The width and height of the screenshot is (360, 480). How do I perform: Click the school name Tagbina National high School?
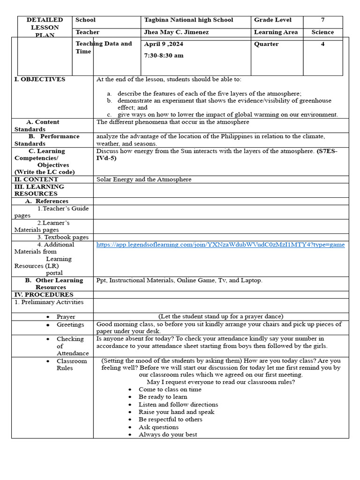[x=188, y=20]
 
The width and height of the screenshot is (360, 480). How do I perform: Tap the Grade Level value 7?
[x=322, y=20]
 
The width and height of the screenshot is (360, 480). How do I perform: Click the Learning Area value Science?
[x=322, y=32]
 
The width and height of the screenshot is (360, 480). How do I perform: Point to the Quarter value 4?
[x=322, y=44]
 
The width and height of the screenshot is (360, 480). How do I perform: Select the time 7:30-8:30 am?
[x=164, y=55]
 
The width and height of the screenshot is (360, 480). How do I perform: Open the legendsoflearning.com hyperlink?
[x=220, y=245]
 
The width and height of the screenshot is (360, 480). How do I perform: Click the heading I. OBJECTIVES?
[x=40, y=79]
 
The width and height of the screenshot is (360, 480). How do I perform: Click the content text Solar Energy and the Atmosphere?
[x=144, y=180]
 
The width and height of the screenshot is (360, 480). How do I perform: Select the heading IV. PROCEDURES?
[x=44, y=295]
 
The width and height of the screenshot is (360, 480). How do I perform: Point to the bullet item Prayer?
[x=66, y=317]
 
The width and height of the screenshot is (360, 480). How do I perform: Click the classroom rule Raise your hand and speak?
[x=176, y=412]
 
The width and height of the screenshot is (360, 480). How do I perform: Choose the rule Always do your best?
[x=168, y=435]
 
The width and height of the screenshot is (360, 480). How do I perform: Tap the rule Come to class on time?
[x=170, y=390]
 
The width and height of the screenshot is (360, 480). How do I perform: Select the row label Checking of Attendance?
[x=72, y=346]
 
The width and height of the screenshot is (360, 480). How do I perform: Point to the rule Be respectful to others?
[x=170, y=420]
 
